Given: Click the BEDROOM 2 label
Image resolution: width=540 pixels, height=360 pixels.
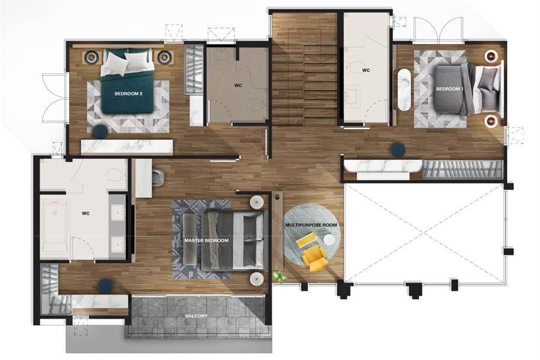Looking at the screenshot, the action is tap(128, 94).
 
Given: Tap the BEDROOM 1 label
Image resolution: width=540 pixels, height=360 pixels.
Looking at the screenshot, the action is tap(450, 89).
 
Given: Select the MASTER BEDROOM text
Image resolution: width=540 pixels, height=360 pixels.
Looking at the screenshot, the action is tap(206, 241).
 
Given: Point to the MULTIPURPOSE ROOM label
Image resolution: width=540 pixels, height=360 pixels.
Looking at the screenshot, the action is tap(311, 225).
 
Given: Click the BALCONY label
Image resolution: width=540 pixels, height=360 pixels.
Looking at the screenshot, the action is tap(196, 316).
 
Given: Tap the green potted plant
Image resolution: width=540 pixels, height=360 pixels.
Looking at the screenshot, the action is tap(280, 276).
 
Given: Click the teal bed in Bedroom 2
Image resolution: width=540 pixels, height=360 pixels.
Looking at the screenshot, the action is tap(127, 82).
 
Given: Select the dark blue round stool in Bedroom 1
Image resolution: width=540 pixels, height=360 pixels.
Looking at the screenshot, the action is tap(398, 149).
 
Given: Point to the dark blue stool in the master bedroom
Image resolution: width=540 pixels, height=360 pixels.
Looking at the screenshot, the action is tap(105, 286).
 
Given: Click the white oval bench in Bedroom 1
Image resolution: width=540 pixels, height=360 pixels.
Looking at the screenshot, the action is tap(404, 89).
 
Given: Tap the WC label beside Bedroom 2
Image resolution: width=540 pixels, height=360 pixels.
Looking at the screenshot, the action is tap(238, 85).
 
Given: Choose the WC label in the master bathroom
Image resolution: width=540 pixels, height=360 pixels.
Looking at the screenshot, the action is tap(86, 213).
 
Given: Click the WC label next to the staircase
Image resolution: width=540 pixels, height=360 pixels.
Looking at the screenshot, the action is tap(366, 70).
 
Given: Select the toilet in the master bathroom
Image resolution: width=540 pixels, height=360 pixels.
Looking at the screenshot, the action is tap(116, 175).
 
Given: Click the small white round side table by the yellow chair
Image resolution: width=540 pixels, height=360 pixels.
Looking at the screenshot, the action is tap(329, 240).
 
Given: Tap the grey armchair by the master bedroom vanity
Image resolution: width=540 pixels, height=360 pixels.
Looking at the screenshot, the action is tap(158, 176).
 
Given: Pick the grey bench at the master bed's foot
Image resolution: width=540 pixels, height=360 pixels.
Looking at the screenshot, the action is tap(189, 240).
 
